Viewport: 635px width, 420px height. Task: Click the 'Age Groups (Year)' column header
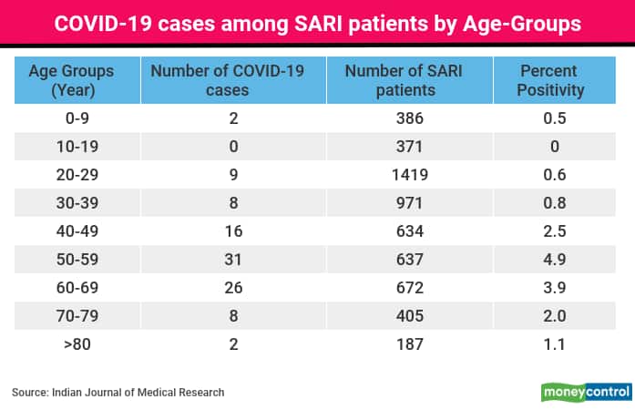[72, 80]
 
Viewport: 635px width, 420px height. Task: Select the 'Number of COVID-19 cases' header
[228, 80]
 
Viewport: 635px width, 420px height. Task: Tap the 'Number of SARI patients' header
[405, 80]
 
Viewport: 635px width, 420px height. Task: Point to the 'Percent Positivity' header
[550, 80]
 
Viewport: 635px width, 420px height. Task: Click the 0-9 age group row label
[77, 118]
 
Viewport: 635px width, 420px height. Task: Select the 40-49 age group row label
[77, 231]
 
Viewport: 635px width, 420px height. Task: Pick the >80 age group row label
[77, 344]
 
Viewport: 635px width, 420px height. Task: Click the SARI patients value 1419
[410, 175]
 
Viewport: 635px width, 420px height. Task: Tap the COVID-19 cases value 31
[233, 260]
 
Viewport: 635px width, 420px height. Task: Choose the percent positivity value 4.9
[555, 260]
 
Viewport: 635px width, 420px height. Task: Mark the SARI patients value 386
[410, 118]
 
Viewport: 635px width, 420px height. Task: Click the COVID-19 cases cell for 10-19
[233, 147]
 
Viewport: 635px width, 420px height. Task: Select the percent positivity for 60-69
[555, 288]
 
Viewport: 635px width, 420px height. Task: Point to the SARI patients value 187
[410, 344]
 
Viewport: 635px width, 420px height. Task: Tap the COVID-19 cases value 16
[233, 231]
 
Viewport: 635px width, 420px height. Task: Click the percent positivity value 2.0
[555, 316]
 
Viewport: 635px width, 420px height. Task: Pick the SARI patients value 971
[409, 203]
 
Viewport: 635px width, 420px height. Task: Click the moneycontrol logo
[587, 392]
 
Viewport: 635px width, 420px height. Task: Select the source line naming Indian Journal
[118, 393]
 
